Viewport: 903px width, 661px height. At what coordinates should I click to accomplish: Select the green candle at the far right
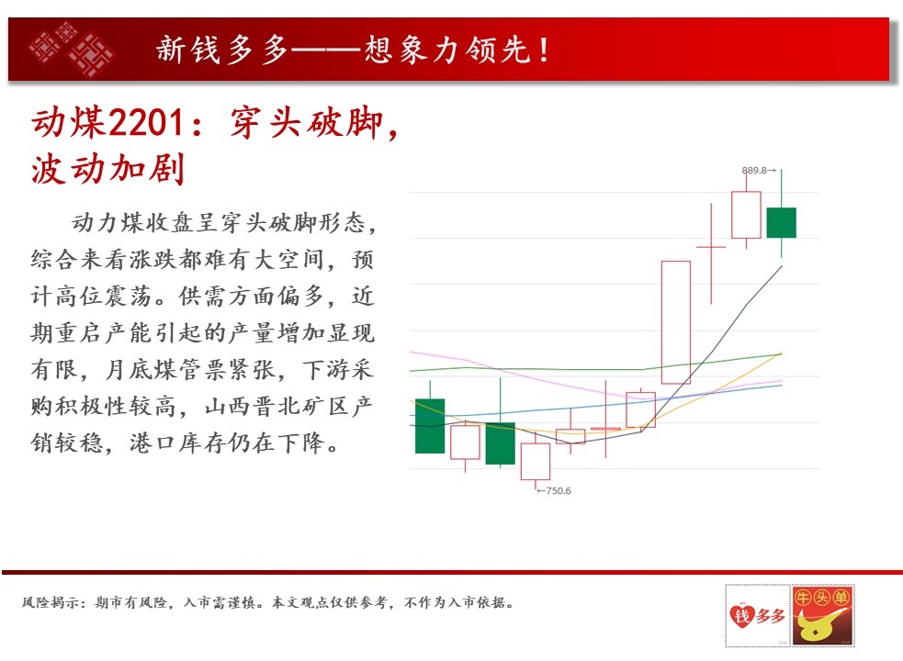point(782,223)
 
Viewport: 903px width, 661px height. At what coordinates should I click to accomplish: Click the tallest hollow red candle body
point(676,322)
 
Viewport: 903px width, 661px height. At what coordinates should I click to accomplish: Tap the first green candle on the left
point(430,426)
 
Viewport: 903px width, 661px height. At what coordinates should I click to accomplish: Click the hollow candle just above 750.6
point(536,461)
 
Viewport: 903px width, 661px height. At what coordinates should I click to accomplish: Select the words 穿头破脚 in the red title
point(307,123)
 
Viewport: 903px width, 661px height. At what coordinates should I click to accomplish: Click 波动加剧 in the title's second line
point(107,169)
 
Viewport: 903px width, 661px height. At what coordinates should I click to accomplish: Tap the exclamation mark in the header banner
point(544,50)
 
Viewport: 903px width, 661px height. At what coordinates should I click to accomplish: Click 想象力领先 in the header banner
point(447,50)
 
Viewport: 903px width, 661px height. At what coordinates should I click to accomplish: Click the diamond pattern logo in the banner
point(72,49)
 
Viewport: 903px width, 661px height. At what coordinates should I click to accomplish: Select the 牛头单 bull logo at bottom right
point(823,615)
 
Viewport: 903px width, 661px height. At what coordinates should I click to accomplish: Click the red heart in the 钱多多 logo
point(741,615)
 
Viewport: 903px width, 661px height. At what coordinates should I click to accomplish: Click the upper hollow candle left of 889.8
point(746,215)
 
